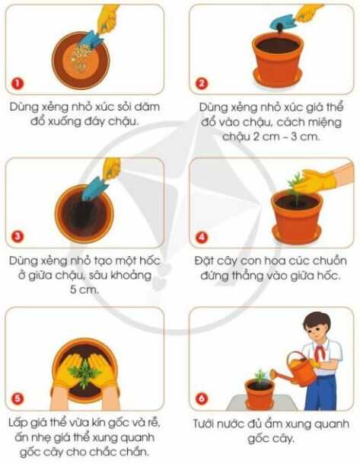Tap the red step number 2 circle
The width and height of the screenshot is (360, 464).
tap(202, 83)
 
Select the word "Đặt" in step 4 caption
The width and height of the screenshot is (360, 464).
tap(208, 261)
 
